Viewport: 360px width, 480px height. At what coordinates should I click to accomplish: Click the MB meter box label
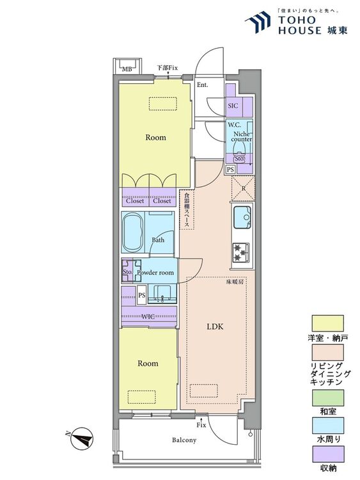point(127,69)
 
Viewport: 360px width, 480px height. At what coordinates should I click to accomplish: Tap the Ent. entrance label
point(202,84)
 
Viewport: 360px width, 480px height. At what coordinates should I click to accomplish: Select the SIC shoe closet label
point(233,106)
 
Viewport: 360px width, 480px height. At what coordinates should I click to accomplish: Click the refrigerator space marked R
point(243,188)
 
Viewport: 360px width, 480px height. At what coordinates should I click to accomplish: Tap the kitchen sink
point(242,218)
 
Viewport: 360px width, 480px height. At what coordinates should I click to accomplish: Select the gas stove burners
point(241,253)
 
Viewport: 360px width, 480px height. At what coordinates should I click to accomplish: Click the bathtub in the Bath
point(133,232)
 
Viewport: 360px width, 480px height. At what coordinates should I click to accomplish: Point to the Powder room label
point(155,273)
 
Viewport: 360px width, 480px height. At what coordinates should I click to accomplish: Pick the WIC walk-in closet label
point(148,317)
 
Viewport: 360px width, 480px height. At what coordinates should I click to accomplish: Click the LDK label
point(215,326)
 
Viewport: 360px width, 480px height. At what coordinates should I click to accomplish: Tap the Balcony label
point(184,440)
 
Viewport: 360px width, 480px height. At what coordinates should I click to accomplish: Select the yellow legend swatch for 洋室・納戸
point(327,323)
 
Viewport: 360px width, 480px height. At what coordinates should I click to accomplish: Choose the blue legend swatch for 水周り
point(327,426)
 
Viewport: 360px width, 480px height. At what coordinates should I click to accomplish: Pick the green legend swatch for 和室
point(327,397)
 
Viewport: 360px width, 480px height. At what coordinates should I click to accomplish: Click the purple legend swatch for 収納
point(327,454)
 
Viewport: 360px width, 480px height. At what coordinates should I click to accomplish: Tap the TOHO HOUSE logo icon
point(258,22)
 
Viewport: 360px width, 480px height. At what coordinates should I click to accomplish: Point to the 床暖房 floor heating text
point(235,282)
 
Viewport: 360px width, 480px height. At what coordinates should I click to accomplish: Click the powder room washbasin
point(162,293)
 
